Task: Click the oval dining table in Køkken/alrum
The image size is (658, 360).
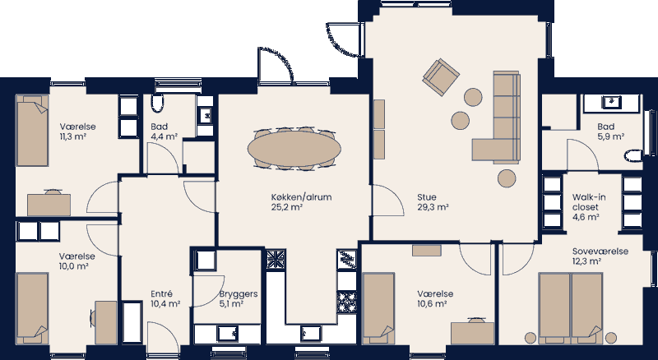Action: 294,149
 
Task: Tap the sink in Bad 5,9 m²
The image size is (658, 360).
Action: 611,102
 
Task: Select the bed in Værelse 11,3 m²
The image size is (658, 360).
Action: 35,131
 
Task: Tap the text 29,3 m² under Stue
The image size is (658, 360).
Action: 432,208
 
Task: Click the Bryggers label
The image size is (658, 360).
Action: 239,293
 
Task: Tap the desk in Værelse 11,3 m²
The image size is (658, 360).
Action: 56,203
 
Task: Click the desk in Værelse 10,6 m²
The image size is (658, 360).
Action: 473,331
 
